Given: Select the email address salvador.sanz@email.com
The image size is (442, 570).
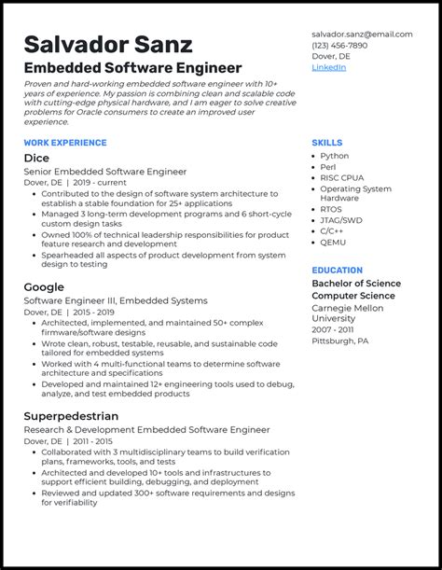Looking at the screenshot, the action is (362, 35).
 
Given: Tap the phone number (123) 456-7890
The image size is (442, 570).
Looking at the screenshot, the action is (339, 46).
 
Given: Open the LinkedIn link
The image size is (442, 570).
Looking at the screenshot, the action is (328, 67).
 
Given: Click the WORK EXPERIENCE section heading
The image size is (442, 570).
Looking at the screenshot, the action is (64, 142).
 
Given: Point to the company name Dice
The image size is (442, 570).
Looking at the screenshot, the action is (36, 158).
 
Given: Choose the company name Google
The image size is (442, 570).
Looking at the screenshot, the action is (44, 287).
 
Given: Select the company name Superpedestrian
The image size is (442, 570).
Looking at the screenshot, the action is (71, 416).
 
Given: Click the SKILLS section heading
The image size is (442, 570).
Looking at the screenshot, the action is (327, 142).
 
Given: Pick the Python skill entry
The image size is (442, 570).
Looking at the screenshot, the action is (334, 156).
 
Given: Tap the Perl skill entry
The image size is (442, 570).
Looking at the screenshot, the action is (328, 167).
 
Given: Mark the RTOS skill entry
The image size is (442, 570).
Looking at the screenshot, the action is (332, 210).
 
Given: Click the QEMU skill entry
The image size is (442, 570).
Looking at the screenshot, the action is (334, 242).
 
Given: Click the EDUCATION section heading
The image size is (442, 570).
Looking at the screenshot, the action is (338, 271).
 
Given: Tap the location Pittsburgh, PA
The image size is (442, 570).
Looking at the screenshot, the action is (339, 341).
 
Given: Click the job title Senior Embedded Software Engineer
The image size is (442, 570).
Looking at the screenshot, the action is (105, 172).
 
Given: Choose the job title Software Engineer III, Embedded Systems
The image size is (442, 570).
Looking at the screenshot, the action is (116, 301).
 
